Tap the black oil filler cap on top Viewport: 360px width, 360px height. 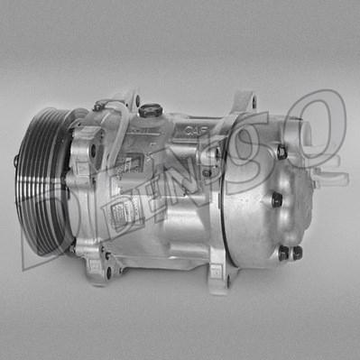(x=151, y=110)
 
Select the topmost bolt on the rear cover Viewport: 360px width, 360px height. (x=281, y=152)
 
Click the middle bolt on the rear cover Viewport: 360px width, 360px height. (x=277, y=199)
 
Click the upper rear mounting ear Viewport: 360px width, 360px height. (x=241, y=104)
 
